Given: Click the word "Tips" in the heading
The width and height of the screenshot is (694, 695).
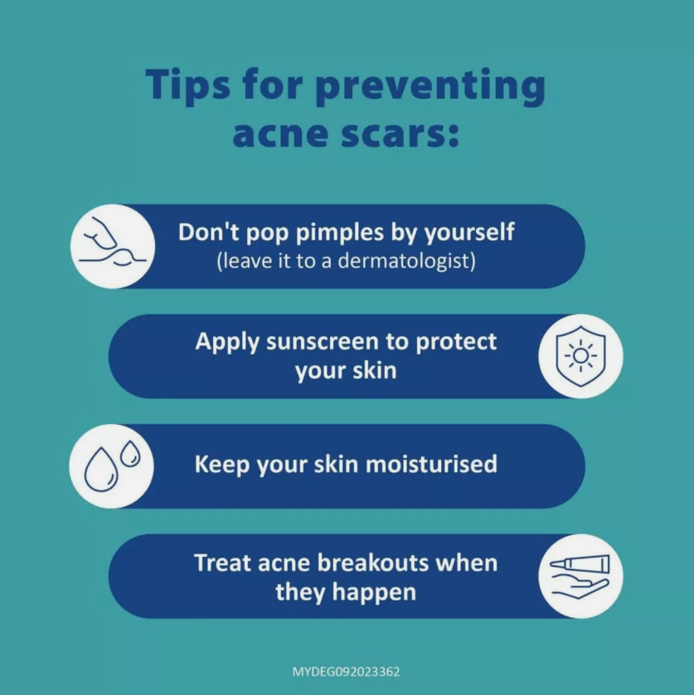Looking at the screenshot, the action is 187,86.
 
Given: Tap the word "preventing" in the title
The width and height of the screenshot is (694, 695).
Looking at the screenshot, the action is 430,86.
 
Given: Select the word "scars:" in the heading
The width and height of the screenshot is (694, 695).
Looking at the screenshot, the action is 400,135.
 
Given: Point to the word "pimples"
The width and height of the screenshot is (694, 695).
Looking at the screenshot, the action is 339,233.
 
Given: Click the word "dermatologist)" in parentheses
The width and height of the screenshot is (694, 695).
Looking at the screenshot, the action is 407,261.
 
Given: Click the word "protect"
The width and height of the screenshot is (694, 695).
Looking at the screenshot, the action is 456,343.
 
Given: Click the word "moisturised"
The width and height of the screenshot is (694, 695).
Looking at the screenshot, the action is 431,465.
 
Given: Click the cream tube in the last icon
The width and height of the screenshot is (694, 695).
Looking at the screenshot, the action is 580,564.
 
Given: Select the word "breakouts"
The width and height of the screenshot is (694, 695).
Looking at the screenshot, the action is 373,563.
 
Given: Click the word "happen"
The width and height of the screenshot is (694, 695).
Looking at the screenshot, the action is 374,593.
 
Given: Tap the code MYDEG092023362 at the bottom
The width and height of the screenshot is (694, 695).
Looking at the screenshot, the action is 346,672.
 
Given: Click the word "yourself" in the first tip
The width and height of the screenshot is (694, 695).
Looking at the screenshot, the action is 469,233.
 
